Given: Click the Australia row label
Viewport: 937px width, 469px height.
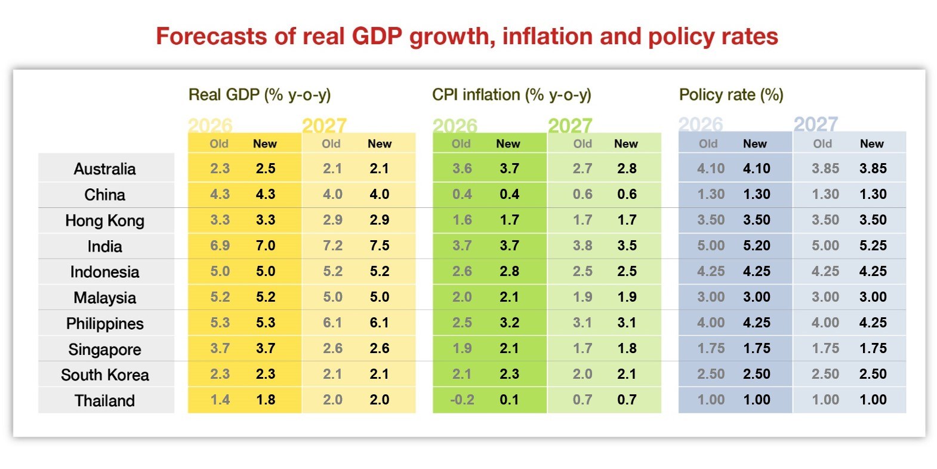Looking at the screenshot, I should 104,169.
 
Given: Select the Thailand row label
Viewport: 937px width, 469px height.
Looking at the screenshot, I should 104,400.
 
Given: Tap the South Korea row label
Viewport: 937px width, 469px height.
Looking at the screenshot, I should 104,375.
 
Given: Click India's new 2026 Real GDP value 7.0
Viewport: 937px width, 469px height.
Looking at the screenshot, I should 266,246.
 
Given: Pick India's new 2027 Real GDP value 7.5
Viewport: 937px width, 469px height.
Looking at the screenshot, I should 379,246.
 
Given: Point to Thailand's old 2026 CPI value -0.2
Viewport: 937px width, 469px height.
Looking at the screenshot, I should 462,400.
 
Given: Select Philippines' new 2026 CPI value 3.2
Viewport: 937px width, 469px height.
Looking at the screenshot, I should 509,323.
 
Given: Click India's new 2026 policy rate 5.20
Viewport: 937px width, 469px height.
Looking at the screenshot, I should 756,246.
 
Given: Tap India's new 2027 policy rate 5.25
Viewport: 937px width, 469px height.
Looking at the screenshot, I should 873,246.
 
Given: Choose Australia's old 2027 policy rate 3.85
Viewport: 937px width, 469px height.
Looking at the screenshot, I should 825,168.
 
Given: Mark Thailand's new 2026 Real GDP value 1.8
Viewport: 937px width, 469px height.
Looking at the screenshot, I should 266,400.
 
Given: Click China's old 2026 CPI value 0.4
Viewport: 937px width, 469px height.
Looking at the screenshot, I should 462,194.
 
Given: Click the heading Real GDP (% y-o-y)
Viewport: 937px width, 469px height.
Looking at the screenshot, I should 260,95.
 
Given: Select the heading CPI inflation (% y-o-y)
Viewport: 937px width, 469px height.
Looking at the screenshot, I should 511,95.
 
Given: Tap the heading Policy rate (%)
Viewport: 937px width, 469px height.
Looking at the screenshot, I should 731,95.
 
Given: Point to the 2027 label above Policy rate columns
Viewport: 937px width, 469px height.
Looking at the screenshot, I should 815,124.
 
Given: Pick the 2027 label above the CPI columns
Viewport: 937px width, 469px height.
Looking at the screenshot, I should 570,125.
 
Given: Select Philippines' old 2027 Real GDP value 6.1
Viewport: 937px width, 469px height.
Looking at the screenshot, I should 332,323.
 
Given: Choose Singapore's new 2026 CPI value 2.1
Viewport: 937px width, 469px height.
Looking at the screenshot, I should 509,348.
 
